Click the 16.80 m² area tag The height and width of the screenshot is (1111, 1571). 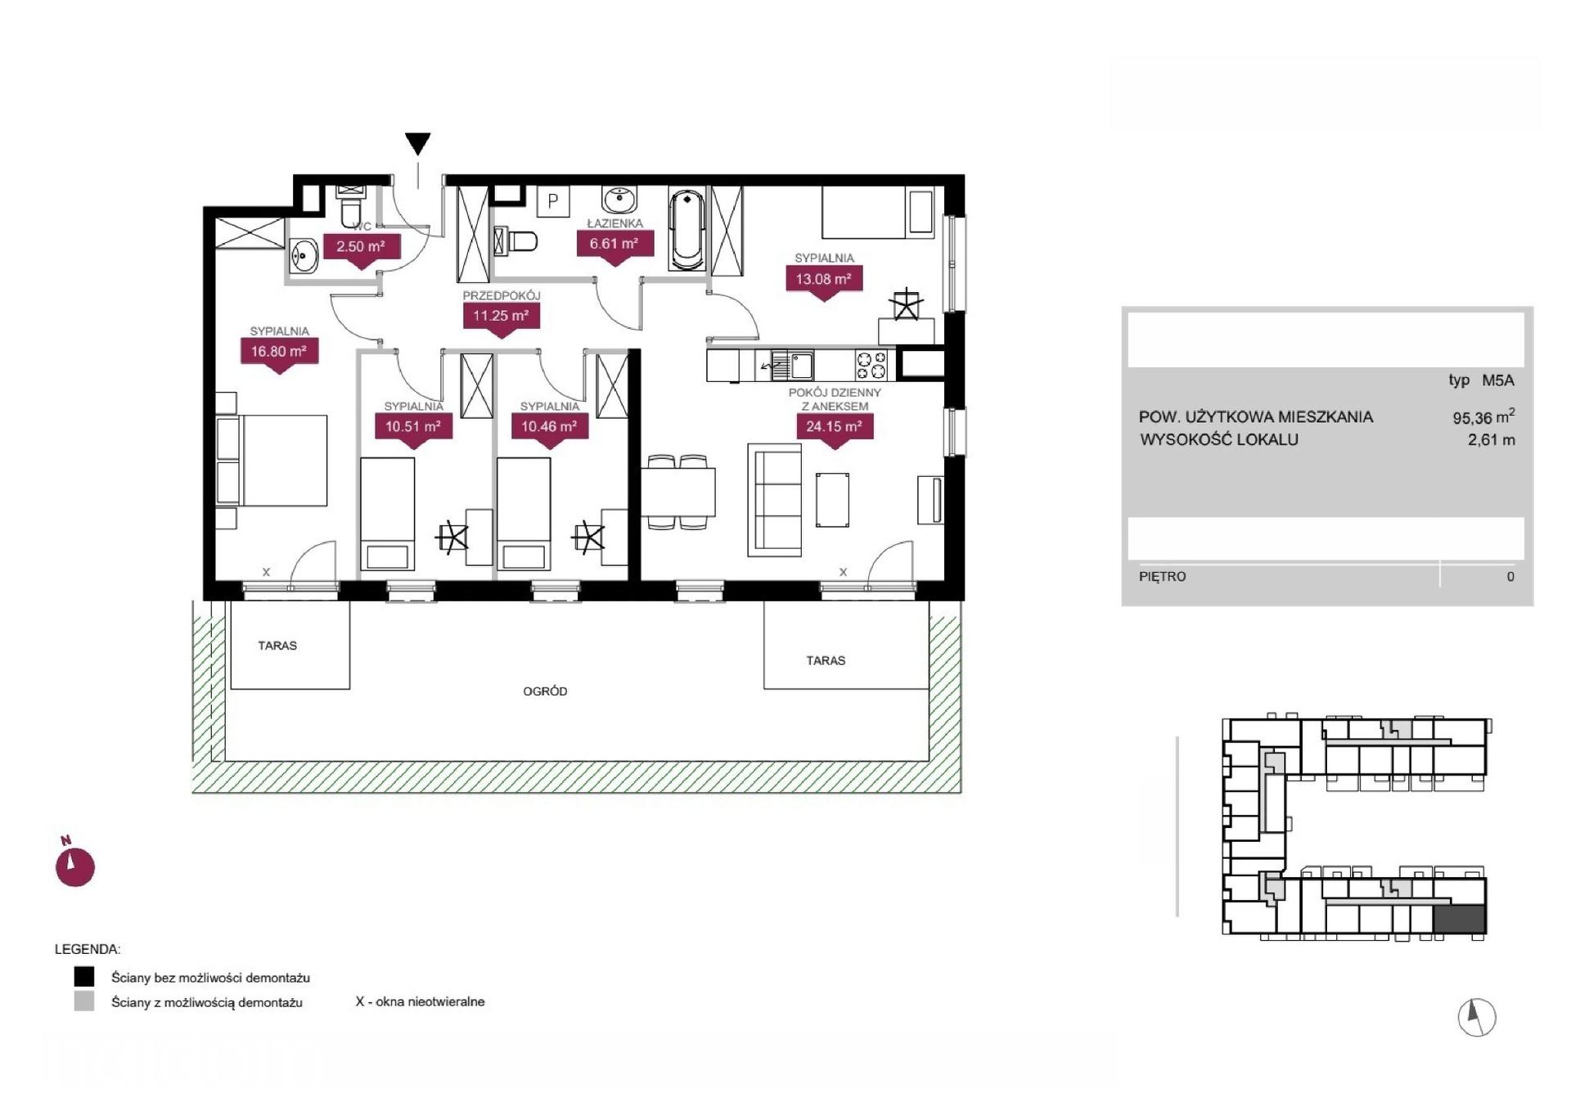(279, 353)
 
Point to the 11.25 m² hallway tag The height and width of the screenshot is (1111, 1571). (501, 317)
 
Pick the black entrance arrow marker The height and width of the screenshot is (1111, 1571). (418, 144)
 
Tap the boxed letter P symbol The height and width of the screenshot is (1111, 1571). (553, 201)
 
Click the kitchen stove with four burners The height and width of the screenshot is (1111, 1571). (871, 365)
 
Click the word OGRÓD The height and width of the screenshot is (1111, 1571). (545, 691)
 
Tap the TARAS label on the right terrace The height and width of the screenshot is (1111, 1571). (826, 660)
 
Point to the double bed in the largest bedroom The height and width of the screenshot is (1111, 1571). (272, 460)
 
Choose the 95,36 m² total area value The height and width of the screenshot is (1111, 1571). (1483, 417)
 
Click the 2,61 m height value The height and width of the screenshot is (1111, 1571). (1492, 440)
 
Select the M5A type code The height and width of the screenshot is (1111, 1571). (1498, 380)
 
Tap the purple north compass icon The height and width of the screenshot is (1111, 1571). (74, 865)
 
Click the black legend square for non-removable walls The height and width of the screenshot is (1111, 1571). (83, 977)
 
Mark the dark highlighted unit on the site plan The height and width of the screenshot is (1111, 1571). (1460, 920)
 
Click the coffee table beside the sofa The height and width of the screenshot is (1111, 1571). (832, 500)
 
